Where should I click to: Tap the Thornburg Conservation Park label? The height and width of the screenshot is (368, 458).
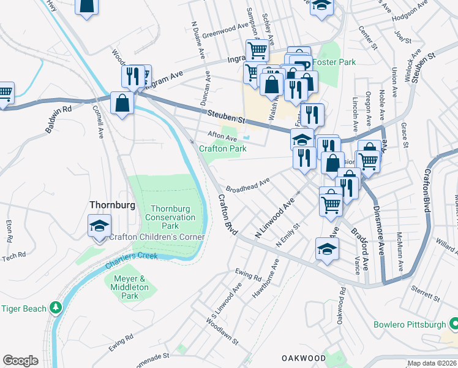172,218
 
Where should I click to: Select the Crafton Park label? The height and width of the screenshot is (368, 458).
223,148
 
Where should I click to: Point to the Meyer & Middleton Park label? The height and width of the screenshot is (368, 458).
130,287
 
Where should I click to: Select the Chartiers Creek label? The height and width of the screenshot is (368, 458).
131,259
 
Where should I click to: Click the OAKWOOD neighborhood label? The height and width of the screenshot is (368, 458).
304,358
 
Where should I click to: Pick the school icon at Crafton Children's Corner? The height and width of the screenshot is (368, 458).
99,226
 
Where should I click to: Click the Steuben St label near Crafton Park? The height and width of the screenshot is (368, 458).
225,114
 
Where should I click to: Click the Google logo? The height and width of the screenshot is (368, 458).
20,361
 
